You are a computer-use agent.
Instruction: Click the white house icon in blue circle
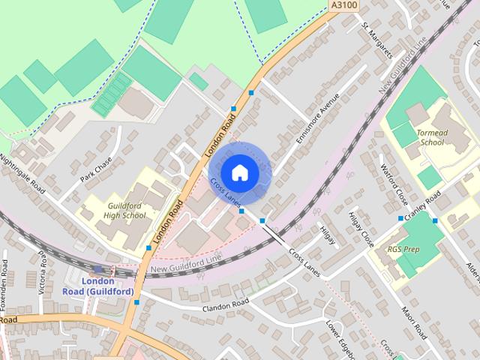pyautogui.click(x=239, y=172)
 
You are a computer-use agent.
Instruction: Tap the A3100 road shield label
pyautogui.click(x=342, y=5)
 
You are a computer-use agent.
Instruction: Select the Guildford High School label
pyautogui.click(x=126, y=210)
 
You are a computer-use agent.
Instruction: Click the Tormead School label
pyautogui.click(x=431, y=136)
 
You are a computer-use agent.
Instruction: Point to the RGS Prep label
pyautogui.click(x=404, y=248)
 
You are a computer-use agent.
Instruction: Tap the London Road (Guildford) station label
pyautogui.click(x=108, y=286)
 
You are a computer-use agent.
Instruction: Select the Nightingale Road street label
pyautogui.click(x=23, y=175)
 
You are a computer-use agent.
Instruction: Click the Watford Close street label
pyautogui.click(x=395, y=184)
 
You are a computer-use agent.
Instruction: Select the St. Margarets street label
pyautogui.click(x=377, y=40)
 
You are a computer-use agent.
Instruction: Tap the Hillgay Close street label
pyautogui.click(x=361, y=229)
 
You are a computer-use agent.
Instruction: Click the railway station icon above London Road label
pyautogui.click(x=98, y=270)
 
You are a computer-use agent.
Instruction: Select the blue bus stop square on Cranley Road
pyautogui.click(x=400, y=218)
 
